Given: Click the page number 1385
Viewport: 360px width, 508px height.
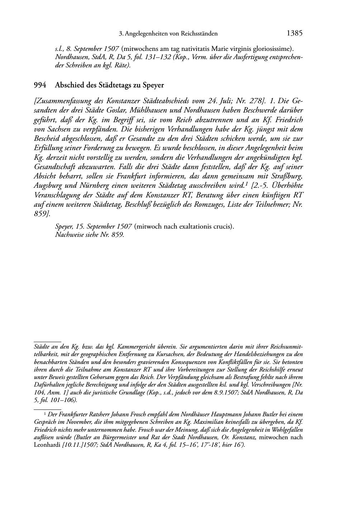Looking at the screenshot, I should coord(295,34).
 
